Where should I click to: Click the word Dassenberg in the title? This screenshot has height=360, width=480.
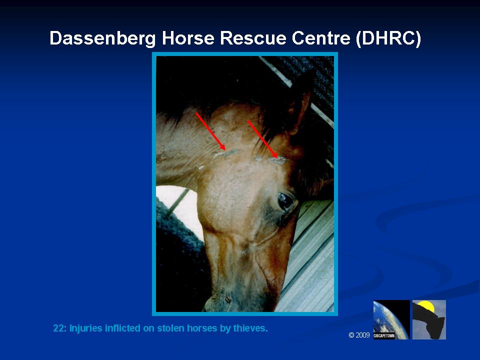pyautogui.click(x=102, y=38)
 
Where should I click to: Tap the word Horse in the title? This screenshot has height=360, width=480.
pyautogui.click(x=187, y=38)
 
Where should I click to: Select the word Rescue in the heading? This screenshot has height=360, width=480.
pyautogui.click(x=252, y=38)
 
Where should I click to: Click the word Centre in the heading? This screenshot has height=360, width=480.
pyautogui.click(x=321, y=38)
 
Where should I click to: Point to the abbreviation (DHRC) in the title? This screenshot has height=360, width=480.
pyautogui.click(x=388, y=38)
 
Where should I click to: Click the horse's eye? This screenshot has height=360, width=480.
pyautogui.click(x=285, y=201)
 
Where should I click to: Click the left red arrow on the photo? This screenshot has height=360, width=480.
pyautogui.click(x=210, y=131)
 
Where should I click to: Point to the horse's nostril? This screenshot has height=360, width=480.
pyautogui.click(x=227, y=298)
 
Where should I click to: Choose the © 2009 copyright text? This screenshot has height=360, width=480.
pyautogui.click(x=359, y=335)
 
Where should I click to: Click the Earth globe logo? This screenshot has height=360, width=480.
pyautogui.click(x=391, y=319)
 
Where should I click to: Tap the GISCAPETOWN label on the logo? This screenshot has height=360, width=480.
pyautogui.click(x=384, y=336)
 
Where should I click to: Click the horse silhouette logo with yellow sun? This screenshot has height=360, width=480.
pyautogui.click(x=429, y=319)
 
